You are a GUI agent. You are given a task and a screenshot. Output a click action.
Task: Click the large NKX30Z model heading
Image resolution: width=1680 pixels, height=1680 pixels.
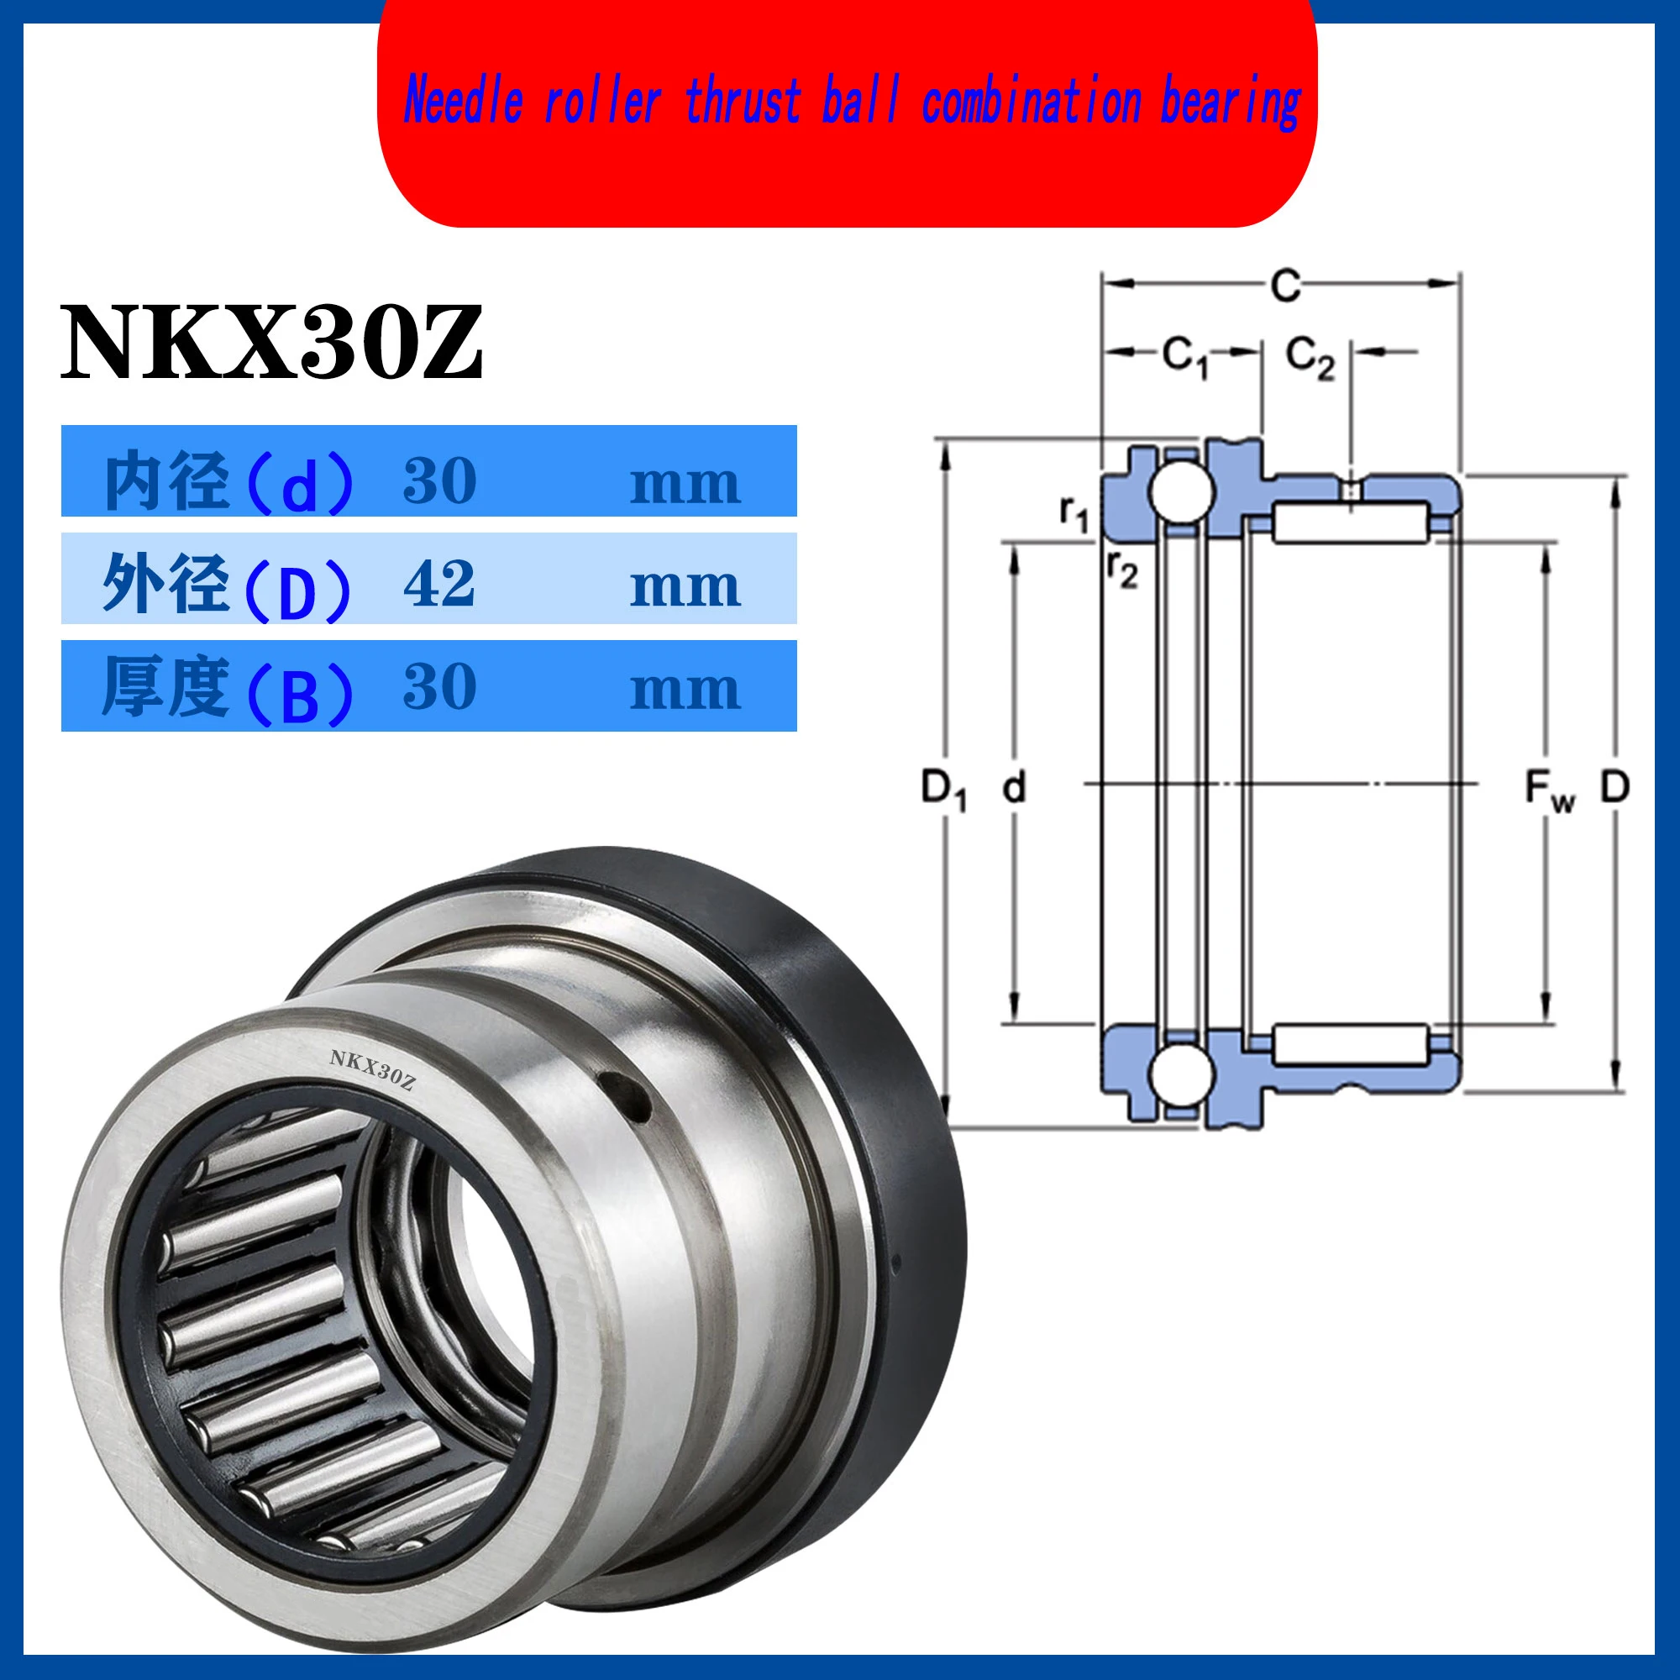tap(270, 343)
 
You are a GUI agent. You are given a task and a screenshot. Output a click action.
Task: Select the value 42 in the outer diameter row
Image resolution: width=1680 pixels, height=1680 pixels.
tap(439, 584)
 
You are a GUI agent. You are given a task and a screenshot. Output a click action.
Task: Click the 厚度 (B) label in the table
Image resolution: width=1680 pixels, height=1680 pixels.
tap(228, 690)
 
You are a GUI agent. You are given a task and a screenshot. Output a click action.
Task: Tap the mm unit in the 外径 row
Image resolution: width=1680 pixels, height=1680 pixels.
tap(685, 587)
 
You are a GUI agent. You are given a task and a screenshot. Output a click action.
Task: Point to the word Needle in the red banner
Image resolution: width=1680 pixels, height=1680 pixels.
tap(464, 101)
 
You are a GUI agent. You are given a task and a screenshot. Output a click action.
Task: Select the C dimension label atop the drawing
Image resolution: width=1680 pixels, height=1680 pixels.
tap(1285, 285)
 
